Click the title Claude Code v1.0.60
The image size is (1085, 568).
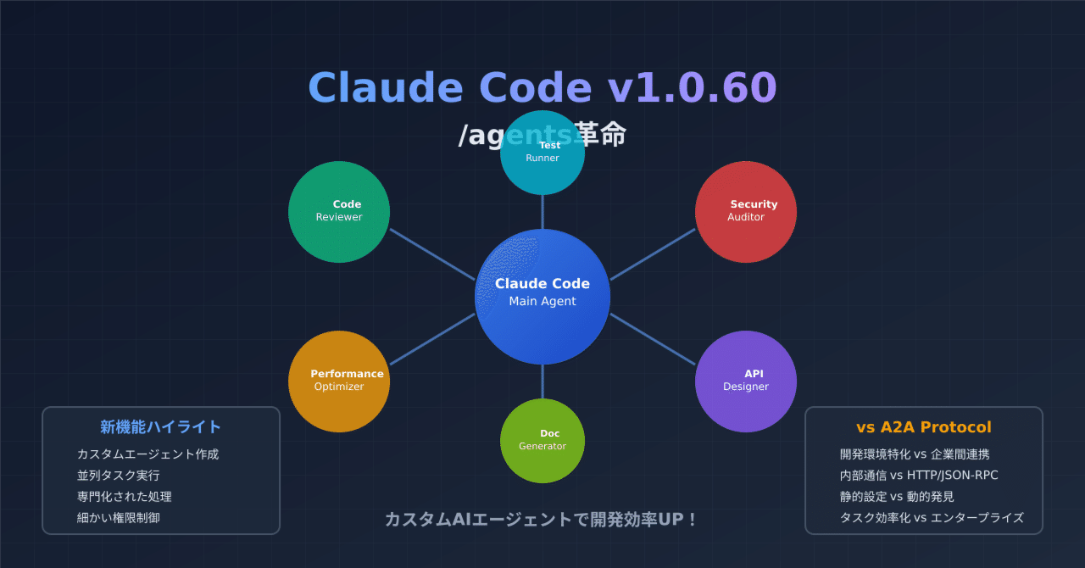click(542, 87)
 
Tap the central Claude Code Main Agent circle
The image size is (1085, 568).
click(542, 296)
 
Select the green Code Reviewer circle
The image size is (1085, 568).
click(339, 211)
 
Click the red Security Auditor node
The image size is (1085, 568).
click(746, 211)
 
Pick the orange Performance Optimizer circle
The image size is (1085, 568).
click(339, 381)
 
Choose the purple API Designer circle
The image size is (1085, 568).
click(746, 381)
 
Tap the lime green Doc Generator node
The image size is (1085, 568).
click(542, 440)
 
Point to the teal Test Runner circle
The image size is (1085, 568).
click(542, 153)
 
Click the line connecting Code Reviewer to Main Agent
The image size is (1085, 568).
click(432, 254)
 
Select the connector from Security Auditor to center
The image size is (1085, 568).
click(653, 254)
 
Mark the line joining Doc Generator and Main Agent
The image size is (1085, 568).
click(542, 381)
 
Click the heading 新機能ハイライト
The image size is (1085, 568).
click(160, 427)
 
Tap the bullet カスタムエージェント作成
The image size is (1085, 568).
click(147, 454)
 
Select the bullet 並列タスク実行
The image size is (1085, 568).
click(118, 476)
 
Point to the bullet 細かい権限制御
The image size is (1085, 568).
click(118, 518)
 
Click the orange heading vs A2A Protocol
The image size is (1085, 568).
click(923, 427)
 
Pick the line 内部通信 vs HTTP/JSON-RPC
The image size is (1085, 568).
click(919, 476)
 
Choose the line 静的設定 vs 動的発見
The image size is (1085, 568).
click(897, 497)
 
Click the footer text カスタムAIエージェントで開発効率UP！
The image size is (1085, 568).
click(542, 520)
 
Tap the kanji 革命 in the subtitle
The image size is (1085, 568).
click(600, 135)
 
